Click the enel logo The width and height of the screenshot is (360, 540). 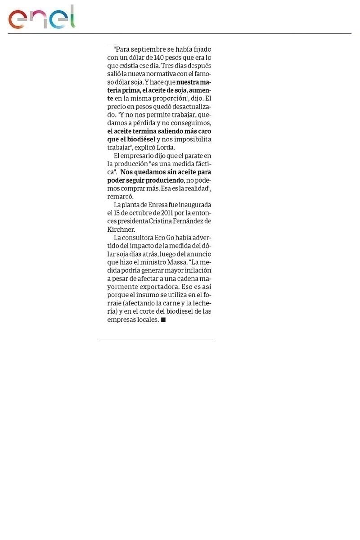click(41, 18)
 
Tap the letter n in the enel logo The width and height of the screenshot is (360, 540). click(41, 20)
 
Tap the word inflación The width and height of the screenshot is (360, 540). click(197, 270)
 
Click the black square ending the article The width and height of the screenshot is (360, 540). click(163, 319)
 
